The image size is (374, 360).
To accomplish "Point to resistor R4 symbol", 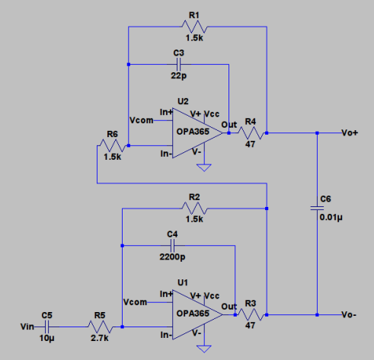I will (x=251, y=133).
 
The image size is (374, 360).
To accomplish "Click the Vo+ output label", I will (x=350, y=133).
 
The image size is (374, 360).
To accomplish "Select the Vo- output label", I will (x=350, y=314).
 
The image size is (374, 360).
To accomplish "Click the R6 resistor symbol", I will (x=112, y=145).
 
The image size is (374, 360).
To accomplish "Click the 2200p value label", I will (x=172, y=257).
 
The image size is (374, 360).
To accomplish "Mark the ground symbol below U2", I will (x=203, y=168).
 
